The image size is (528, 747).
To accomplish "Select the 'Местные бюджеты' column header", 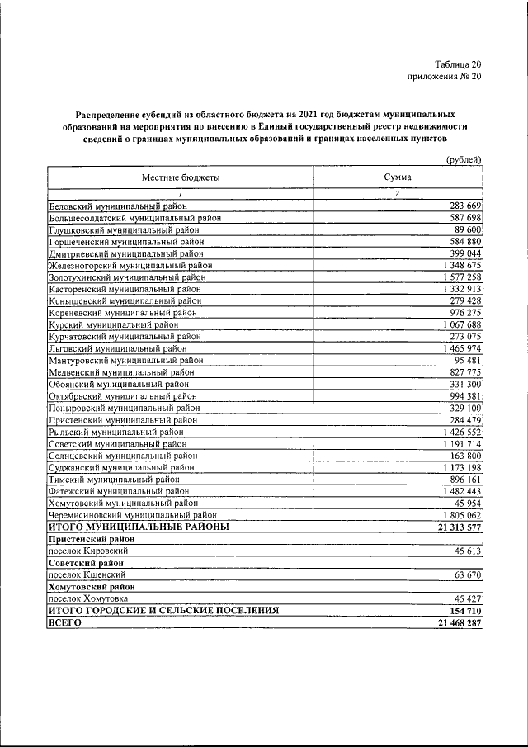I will pos(181,177).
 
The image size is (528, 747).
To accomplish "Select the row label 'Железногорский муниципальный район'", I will pos(131,266).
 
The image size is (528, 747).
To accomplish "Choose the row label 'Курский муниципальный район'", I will pos(114,325).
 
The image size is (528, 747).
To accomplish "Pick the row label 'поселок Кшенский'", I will pos(87,574).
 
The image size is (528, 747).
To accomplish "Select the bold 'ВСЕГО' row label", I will pos(66,622).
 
